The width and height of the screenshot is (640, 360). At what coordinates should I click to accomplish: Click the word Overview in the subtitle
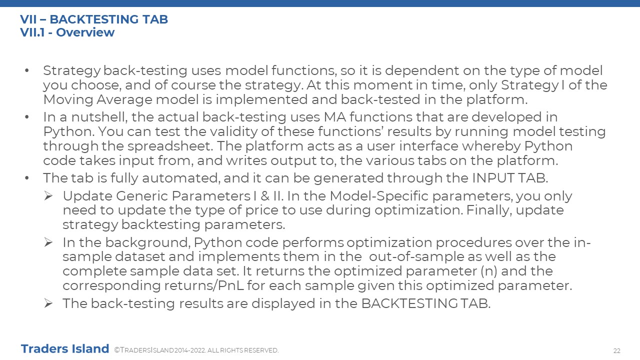(x=85, y=32)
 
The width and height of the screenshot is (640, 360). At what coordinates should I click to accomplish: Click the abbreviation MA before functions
(x=334, y=117)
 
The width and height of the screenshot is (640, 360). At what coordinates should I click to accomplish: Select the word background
(x=148, y=243)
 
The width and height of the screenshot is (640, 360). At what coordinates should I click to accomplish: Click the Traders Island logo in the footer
(x=65, y=349)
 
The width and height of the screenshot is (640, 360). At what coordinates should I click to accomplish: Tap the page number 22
(x=617, y=351)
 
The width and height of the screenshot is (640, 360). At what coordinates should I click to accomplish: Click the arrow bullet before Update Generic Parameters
(x=48, y=196)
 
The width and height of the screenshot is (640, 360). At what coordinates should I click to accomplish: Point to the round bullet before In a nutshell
(x=27, y=117)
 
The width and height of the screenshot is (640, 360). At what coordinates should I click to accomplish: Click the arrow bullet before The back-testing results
(x=48, y=303)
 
